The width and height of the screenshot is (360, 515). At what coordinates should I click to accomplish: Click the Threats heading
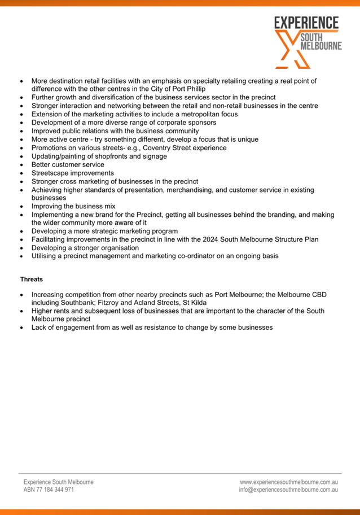pyautogui.click(x=32, y=279)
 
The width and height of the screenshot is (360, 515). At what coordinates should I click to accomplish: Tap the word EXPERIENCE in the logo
pyautogui.click(x=306, y=23)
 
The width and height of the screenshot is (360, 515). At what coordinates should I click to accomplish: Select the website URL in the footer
pyautogui.click(x=289, y=482)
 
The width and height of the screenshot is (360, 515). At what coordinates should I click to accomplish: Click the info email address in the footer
pyautogui.click(x=288, y=490)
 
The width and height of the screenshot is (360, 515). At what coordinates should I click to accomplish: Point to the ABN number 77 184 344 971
pyautogui.click(x=49, y=490)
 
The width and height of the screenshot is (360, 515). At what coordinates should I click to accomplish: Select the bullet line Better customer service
pyautogui.click(x=68, y=165)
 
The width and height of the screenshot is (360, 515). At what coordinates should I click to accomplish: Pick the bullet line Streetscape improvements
pyautogui.click(x=72, y=173)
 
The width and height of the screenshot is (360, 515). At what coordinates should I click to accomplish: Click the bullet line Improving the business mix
pyautogui.click(x=73, y=207)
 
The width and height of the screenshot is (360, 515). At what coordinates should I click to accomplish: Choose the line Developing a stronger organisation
pyautogui.click(x=85, y=248)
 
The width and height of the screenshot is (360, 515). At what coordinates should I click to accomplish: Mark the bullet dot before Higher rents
pyautogui.click(x=21, y=311)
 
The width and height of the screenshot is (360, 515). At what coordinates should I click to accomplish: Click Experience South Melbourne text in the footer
pyautogui.click(x=58, y=482)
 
